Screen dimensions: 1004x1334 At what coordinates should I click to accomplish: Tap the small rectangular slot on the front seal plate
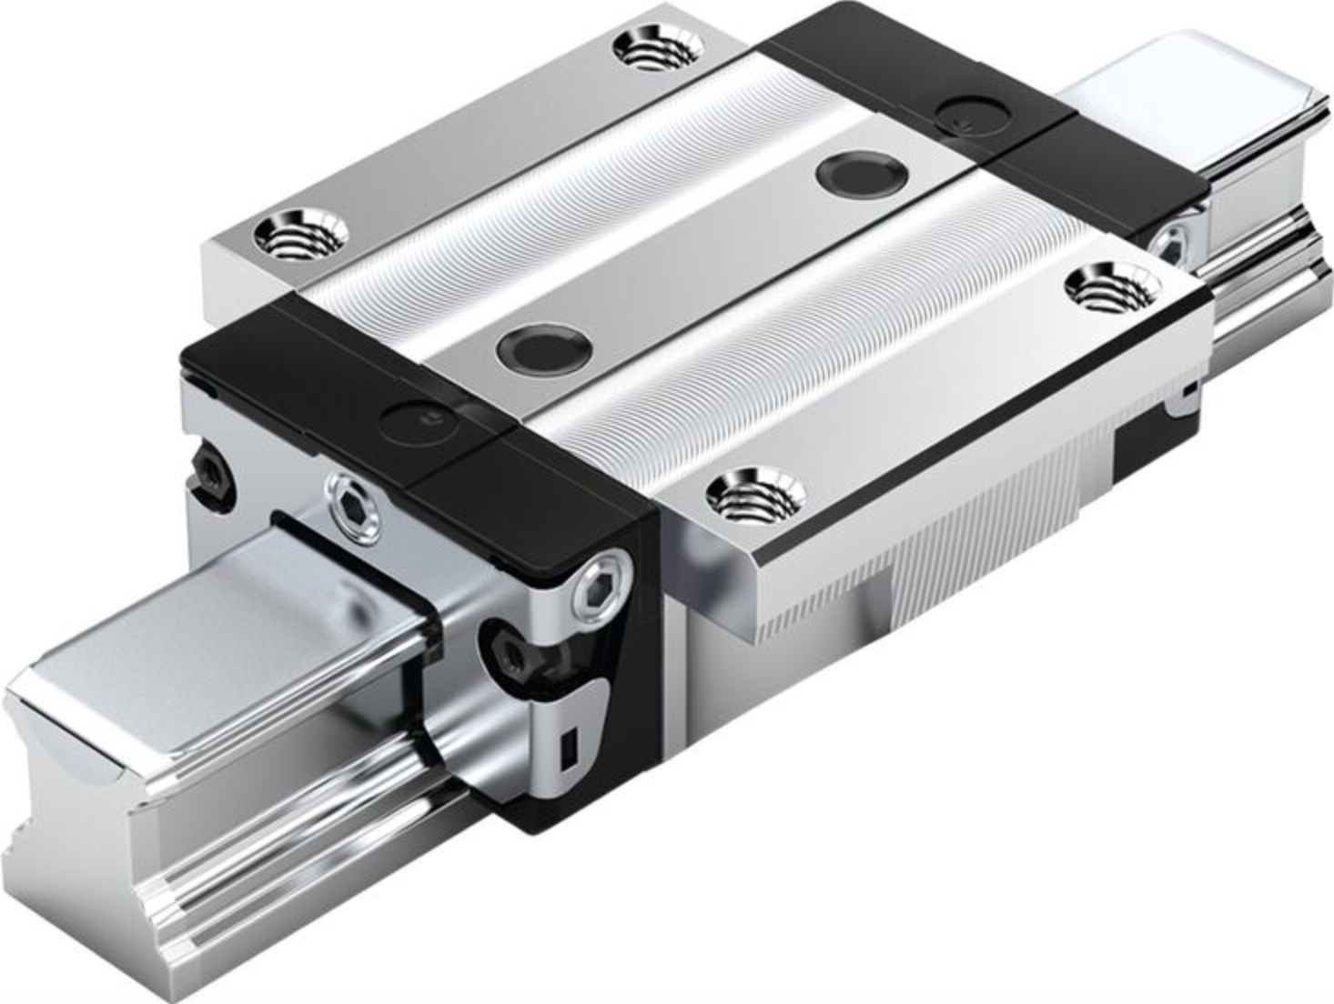[x=570, y=745]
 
